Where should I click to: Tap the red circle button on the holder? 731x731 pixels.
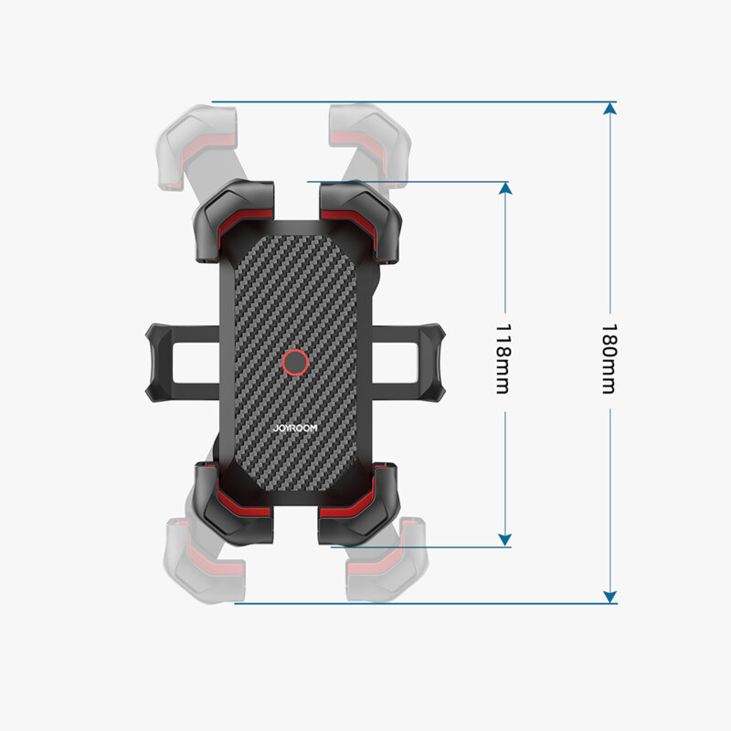point(294,363)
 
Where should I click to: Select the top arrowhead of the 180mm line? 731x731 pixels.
point(609,109)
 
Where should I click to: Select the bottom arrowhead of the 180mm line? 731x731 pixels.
point(609,596)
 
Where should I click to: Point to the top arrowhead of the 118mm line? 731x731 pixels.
point(503,188)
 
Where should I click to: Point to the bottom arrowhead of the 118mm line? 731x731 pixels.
point(503,541)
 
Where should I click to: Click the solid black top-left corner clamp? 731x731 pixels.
point(234,220)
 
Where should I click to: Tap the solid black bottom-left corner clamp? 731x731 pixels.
point(234,503)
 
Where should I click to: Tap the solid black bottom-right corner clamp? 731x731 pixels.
point(358,503)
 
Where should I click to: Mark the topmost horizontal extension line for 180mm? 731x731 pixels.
point(411,101)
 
